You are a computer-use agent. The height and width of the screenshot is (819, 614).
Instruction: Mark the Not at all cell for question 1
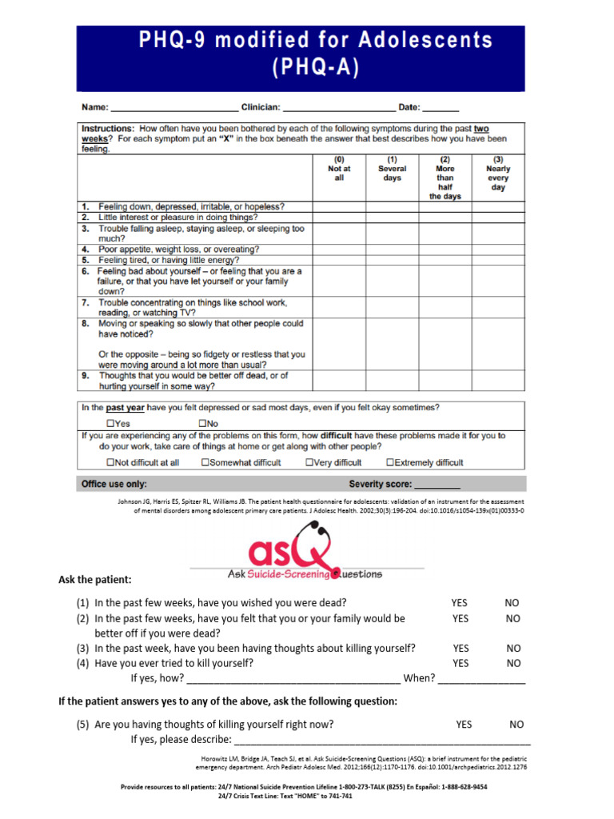pyautogui.click(x=339, y=206)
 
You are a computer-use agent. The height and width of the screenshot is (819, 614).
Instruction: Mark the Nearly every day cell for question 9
pyautogui.click(x=498, y=381)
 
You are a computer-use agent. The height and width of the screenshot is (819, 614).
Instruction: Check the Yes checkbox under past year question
pyautogui.click(x=111, y=423)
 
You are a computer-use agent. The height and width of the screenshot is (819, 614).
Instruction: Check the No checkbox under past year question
pyautogui.click(x=203, y=423)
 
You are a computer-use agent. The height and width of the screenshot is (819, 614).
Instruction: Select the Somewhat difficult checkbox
pyautogui.click(x=205, y=462)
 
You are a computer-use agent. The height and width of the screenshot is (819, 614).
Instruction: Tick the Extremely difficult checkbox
pyautogui.click(x=390, y=462)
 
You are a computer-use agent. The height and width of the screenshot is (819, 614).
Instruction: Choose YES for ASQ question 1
pyautogui.click(x=460, y=603)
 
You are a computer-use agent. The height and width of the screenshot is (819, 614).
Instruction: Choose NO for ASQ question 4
pyautogui.click(x=513, y=663)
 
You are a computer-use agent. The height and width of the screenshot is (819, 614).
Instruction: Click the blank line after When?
pyautogui.click(x=482, y=679)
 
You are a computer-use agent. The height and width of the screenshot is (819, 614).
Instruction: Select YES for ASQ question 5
pyautogui.click(x=464, y=725)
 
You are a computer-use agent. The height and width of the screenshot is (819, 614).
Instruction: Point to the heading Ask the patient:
pyautogui.click(x=95, y=579)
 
